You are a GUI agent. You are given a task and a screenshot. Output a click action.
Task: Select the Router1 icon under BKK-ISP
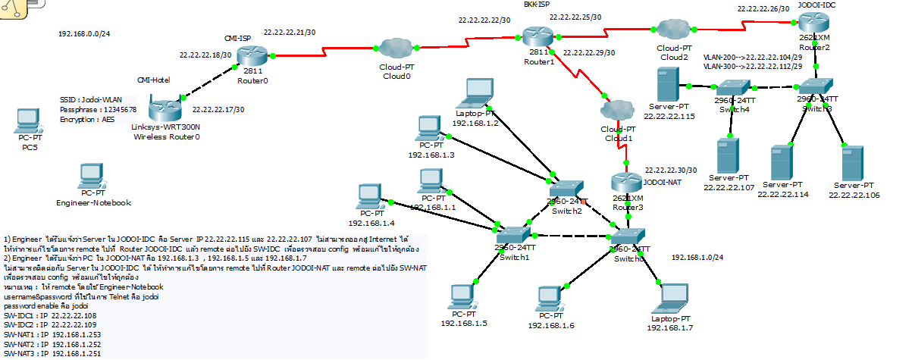(537, 36)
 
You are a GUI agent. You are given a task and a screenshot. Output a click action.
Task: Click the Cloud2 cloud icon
(672, 30)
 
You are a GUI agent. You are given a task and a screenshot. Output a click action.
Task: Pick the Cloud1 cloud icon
(619, 111)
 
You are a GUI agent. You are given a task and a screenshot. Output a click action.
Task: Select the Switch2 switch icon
(566, 189)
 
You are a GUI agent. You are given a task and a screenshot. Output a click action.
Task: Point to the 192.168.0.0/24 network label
(84, 34)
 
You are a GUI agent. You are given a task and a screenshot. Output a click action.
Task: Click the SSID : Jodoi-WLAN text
(86, 100)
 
